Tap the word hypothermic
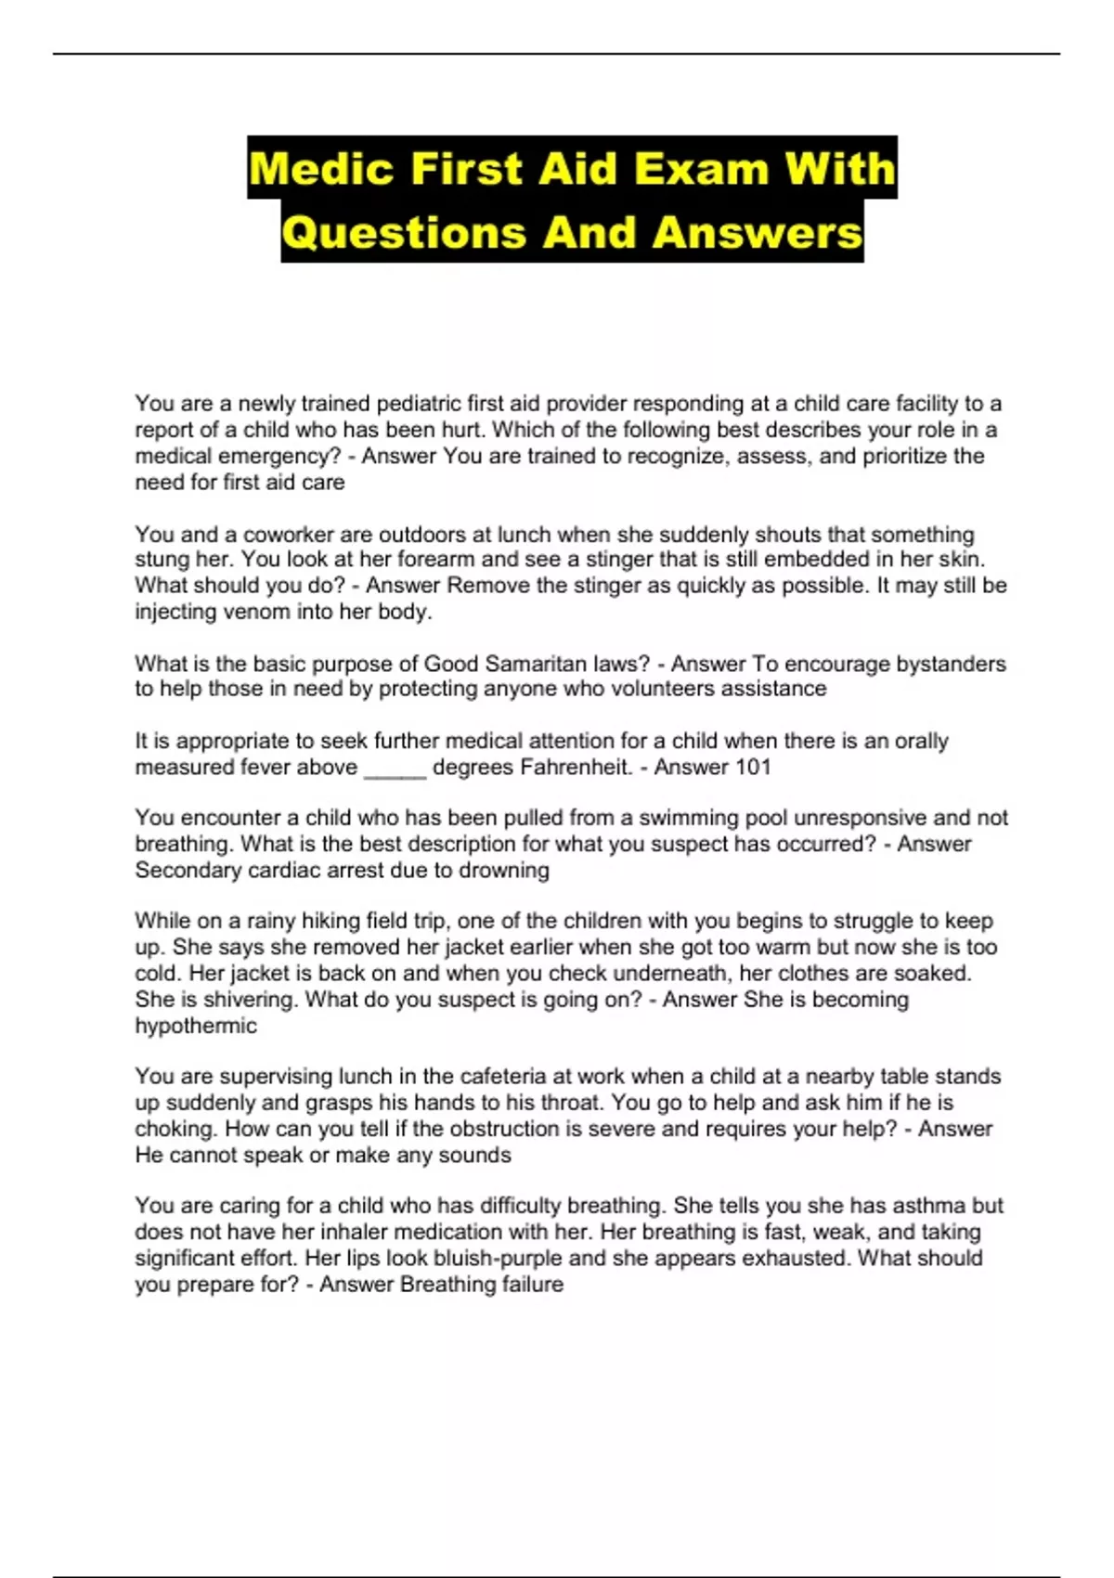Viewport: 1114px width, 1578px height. coord(196,1026)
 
